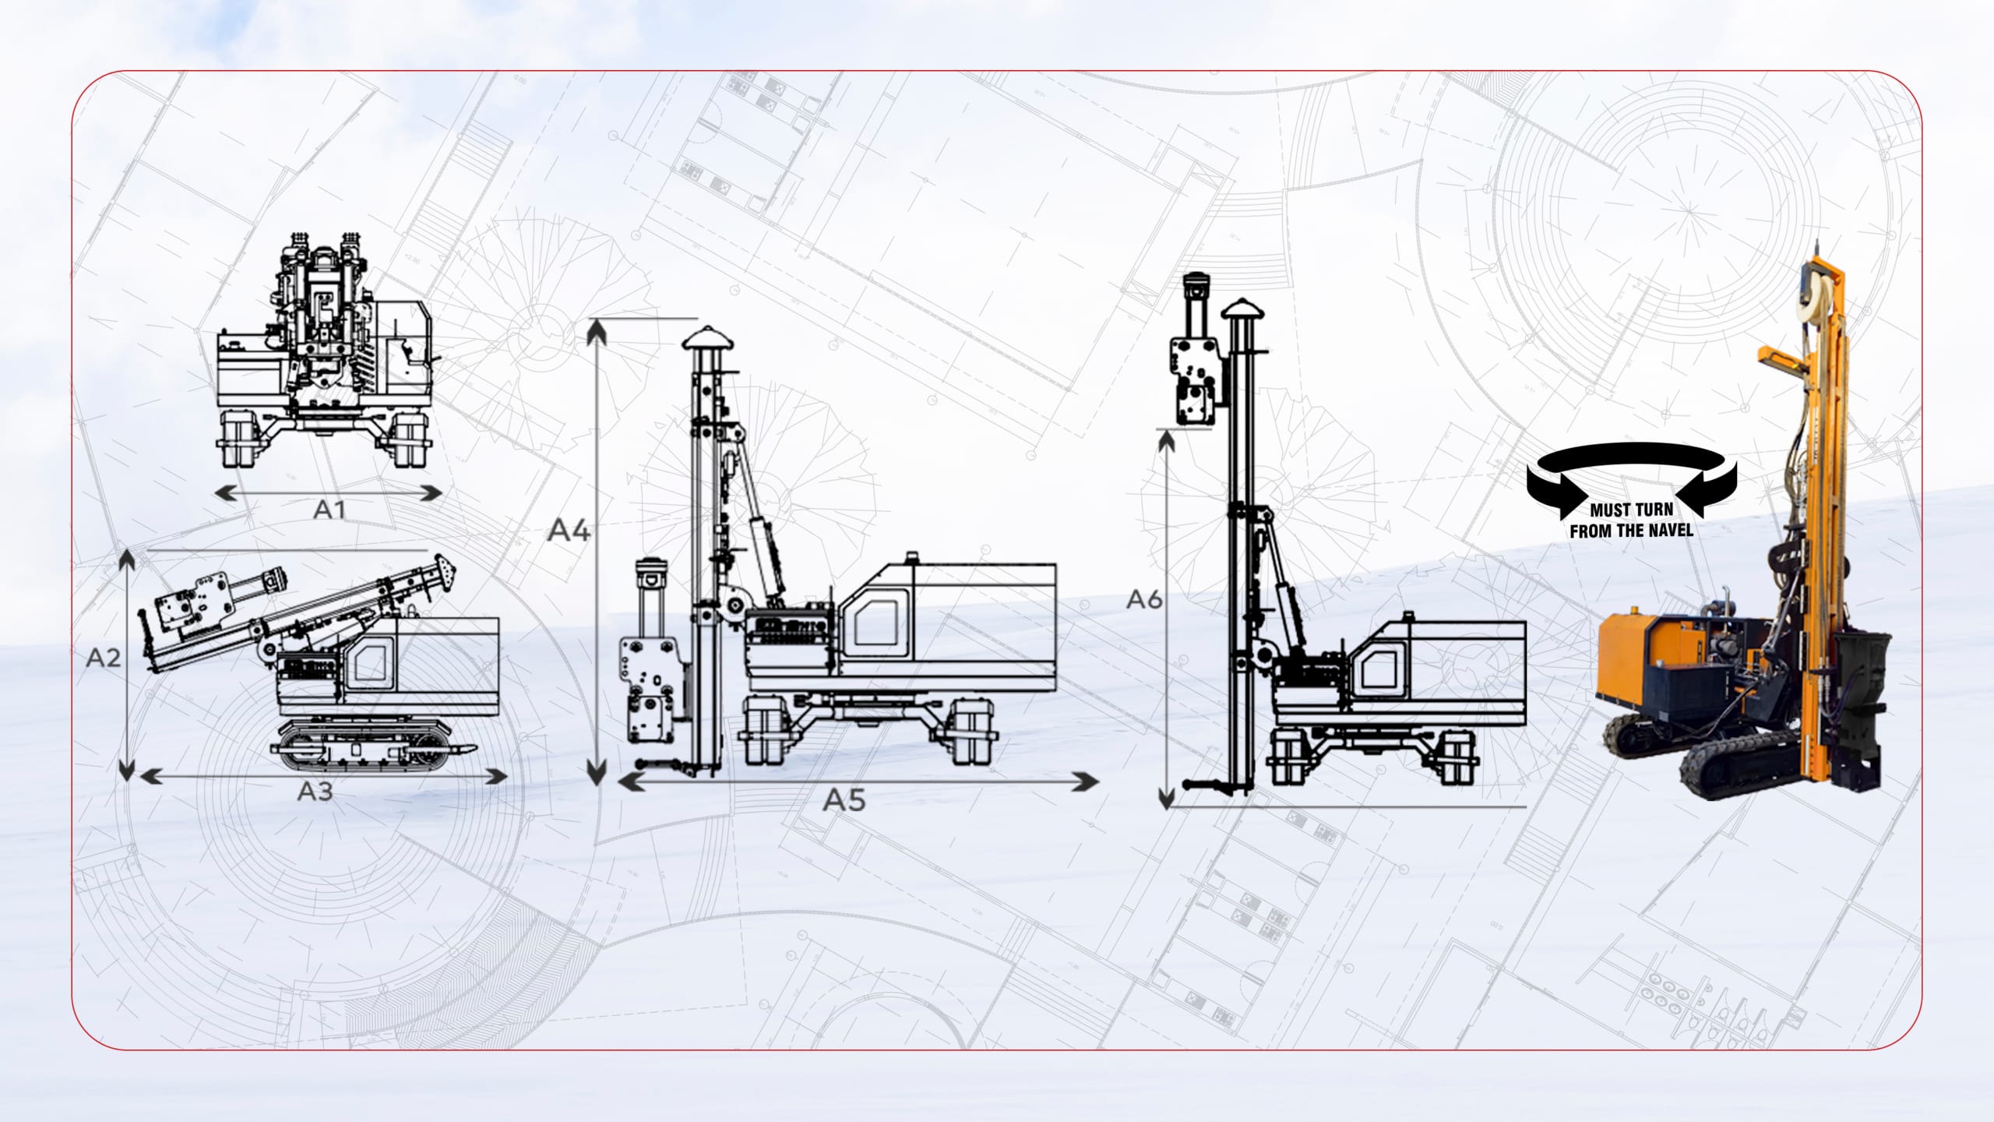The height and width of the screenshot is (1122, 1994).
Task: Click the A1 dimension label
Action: [329, 510]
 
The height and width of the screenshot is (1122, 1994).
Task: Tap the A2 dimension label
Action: [104, 658]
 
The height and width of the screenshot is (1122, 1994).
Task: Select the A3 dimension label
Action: [315, 792]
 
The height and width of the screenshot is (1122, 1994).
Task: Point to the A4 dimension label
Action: [569, 531]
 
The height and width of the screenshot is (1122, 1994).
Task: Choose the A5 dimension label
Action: [845, 800]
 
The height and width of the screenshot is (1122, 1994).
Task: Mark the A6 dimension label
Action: [1144, 599]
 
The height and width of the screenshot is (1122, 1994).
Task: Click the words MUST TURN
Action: [1631, 510]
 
